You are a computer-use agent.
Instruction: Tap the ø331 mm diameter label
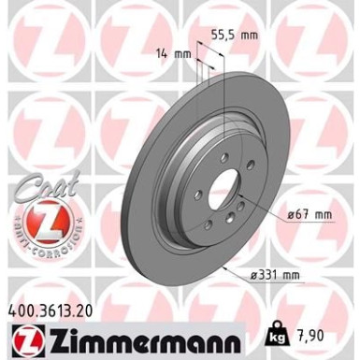pyautogui.click(x=300, y=276)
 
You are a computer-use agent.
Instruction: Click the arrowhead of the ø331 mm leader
pyautogui.click(x=227, y=265)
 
